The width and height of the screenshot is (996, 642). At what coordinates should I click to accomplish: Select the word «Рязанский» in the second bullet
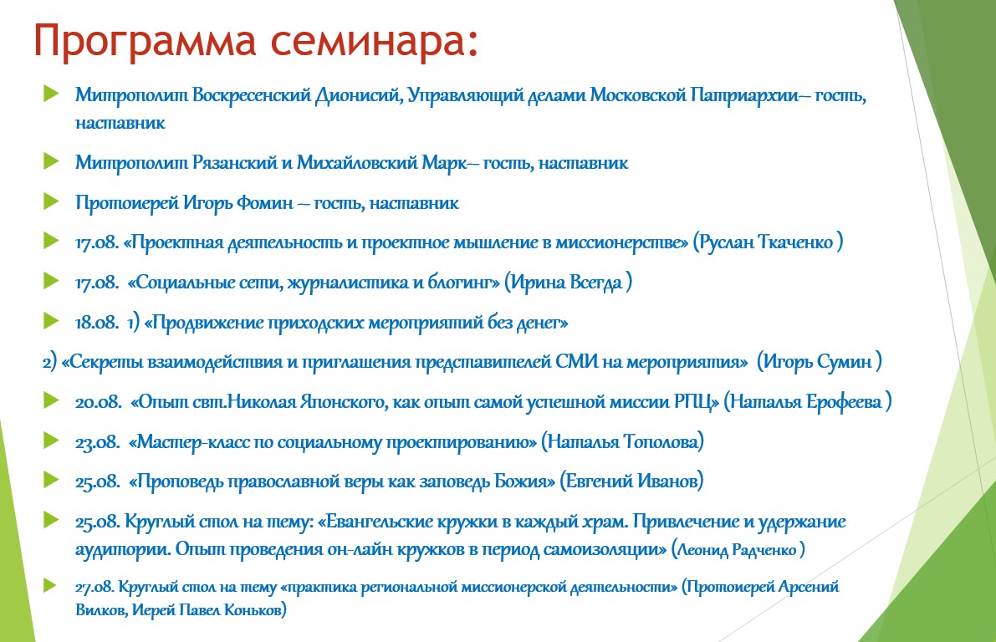coord(234,163)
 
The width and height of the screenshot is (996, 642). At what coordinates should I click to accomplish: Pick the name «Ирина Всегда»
coord(567,283)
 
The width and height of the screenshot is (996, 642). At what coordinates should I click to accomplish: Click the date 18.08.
coord(96,323)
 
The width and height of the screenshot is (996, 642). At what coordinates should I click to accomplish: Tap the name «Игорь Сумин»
coord(818,362)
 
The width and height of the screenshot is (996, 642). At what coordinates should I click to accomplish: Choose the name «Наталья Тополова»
coord(622,442)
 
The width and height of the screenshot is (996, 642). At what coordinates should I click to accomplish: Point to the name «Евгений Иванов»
coord(631,481)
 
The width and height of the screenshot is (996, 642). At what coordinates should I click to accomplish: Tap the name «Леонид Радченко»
coord(738,549)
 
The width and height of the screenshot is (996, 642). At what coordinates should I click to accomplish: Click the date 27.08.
coord(94,587)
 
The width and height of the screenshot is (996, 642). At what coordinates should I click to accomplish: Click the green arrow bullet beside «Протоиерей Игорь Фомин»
coord(51,201)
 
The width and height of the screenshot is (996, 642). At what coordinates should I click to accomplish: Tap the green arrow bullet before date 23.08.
coord(51,440)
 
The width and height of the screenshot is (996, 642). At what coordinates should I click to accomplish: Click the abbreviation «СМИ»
coord(577,362)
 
